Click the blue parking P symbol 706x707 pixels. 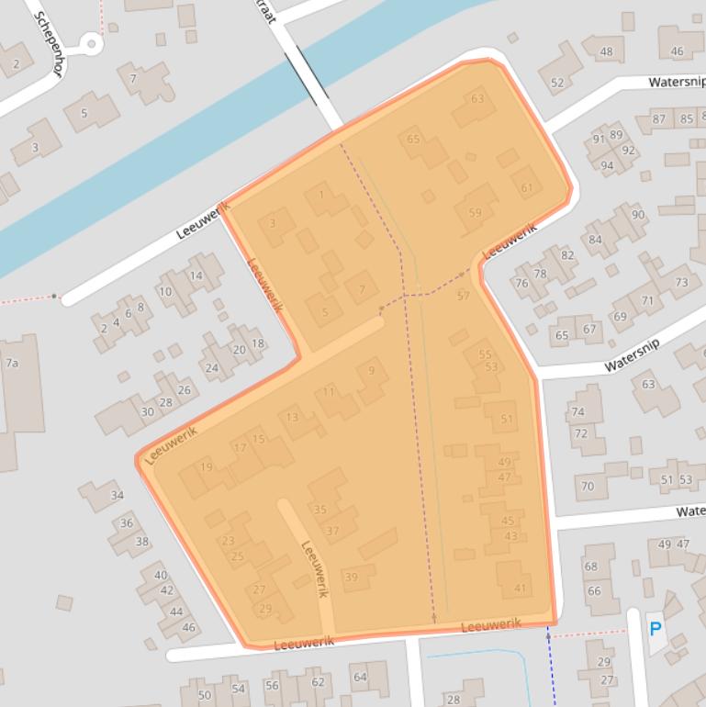(656, 629)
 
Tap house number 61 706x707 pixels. (526, 188)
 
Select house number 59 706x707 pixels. (475, 213)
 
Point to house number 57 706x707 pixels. (463, 296)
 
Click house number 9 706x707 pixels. (371, 371)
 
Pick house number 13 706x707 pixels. (292, 418)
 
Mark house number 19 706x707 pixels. (206, 467)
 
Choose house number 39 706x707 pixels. (351, 577)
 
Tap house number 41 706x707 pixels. (521, 589)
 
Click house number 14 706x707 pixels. (196, 275)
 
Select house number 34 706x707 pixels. (117, 496)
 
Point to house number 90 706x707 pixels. (638, 215)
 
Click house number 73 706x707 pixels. (681, 283)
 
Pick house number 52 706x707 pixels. (557, 83)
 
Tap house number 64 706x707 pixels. (359, 678)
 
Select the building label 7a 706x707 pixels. (12, 363)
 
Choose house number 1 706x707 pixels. (321, 195)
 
